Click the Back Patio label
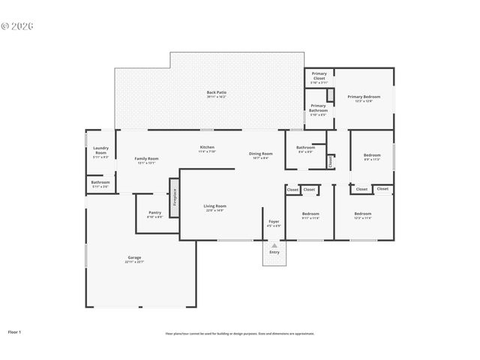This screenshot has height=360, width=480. (x=216, y=93)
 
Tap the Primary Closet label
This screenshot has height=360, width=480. (x=319, y=75)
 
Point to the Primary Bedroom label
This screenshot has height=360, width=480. (x=363, y=97)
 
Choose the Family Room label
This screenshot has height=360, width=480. (x=146, y=159)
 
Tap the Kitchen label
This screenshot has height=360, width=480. (x=207, y=148)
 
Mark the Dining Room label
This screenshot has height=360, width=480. (x=261, y=154)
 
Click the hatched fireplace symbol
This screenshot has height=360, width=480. (x=175, y=197)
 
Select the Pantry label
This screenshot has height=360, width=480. (x=154, y=213)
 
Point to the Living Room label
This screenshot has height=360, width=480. (x=215, y=206)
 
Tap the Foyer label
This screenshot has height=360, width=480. (x=274, y=221)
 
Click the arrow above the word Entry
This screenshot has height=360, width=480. (x=274, y=245)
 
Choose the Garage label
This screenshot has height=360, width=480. (x=134, y=258)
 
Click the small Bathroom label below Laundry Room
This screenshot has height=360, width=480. (x=100, y=182)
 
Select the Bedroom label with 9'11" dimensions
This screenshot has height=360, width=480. (x=310, y=214)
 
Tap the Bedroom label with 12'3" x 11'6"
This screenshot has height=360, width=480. (x=363, y=214)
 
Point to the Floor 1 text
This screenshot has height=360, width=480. (x=15, y=331)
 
